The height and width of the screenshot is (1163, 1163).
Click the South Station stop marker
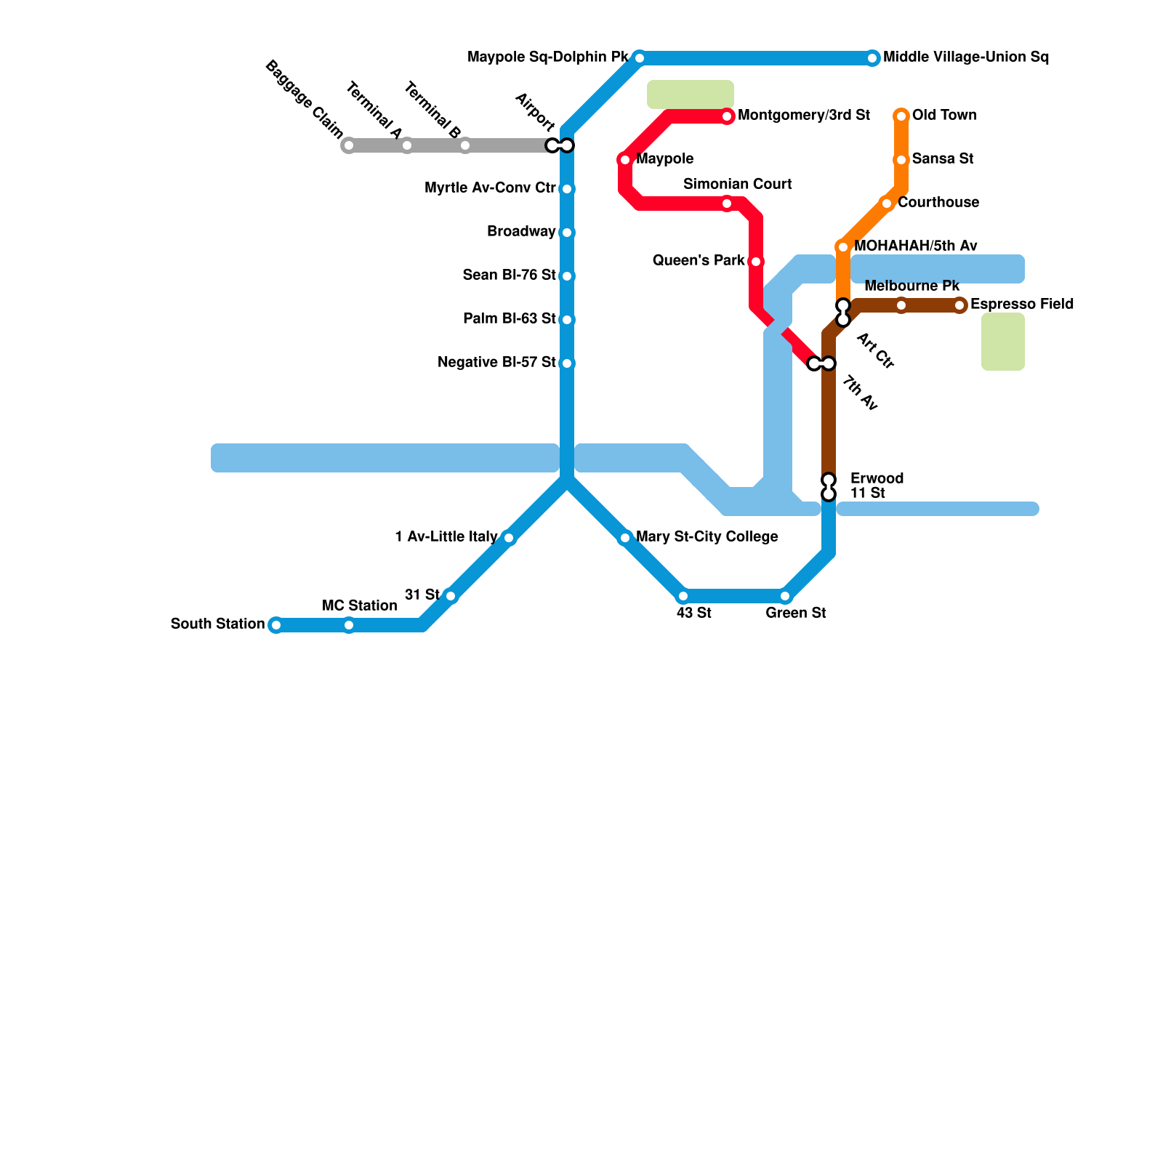275,625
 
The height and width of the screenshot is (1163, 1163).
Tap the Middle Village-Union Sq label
966,57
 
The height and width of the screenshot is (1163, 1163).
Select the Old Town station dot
901,116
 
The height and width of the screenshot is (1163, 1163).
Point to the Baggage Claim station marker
349,145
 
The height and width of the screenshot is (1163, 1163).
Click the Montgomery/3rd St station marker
727,116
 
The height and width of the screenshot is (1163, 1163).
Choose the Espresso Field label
1022,305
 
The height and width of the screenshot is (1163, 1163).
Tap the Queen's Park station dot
756,262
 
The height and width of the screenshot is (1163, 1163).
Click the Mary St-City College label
707,537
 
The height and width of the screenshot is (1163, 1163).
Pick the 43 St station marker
683,597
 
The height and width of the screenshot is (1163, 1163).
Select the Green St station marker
785,597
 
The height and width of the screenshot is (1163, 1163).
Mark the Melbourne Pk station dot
901,305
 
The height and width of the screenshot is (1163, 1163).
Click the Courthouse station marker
887,204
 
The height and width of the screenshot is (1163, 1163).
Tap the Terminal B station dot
465,145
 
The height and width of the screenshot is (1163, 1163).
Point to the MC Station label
360,606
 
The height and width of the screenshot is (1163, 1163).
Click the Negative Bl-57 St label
496,363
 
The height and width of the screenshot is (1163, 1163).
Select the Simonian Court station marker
727,204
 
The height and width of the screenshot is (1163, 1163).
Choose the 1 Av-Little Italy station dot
509,539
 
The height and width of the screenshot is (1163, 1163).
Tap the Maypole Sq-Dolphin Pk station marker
639,58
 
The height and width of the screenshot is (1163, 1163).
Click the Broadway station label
521,232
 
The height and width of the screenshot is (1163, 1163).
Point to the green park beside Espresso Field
1003,342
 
